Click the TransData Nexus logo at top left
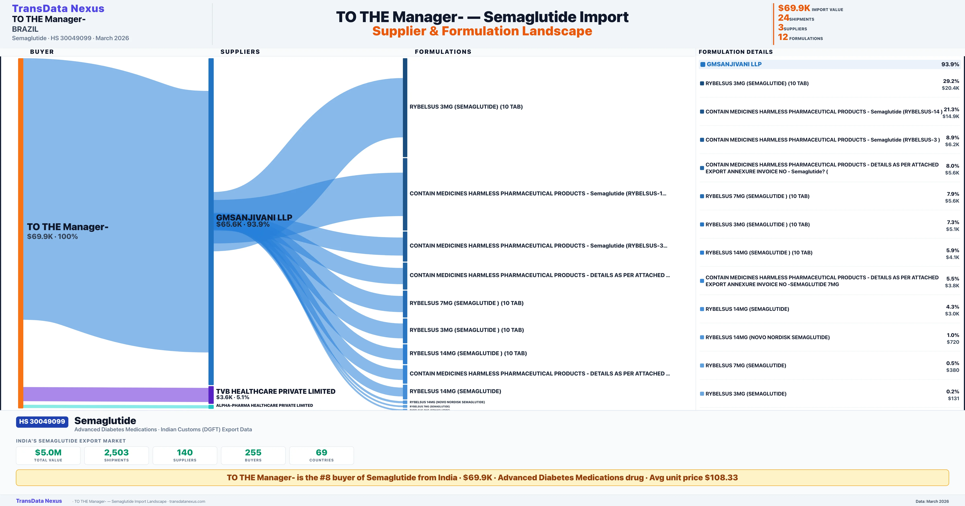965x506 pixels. [58, 9]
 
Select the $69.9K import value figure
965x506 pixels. [794, 8]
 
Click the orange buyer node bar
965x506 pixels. [21, 232]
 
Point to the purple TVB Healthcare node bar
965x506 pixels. [211, 395]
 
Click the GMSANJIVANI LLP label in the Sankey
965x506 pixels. [254, 217]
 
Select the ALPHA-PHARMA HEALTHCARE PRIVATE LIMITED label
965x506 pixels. [264, 405]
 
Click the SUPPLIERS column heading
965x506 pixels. [240, 52]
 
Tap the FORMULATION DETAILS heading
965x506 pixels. [735, 52]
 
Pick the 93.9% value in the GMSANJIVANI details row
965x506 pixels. [950, 64]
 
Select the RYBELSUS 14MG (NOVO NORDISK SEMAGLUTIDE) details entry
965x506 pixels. [767, 337]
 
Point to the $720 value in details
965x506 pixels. [953, 342]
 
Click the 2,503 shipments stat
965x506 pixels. [117, 453]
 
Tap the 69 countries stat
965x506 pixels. [321, 453]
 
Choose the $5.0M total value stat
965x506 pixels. [48, 453]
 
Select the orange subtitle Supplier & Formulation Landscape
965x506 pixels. [482, 31]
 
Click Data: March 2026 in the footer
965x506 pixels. [932, 501]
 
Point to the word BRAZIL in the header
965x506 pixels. [25, 29]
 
